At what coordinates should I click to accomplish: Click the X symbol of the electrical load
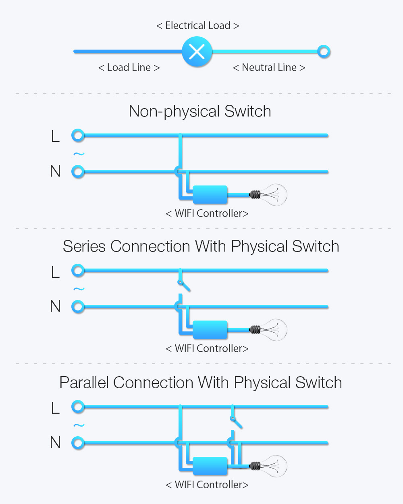point(197,52)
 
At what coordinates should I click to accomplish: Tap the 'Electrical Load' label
point(197,25)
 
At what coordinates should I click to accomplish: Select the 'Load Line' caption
point(129,67)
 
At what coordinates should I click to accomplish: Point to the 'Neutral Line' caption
point(269,67)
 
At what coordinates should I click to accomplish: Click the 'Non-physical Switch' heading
point(200,111)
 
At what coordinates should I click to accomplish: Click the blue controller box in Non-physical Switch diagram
point(210,195)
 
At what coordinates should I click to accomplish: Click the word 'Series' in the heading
point(84,246)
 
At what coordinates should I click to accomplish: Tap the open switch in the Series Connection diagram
point(184,286)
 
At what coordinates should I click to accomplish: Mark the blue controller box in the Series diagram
point(210,330)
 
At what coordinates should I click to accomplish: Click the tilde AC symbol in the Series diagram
point(79,289)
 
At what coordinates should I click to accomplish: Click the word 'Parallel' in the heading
point(84,383)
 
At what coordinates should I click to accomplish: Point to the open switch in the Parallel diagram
point(236,423)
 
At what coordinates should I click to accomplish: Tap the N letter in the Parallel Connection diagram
point(55,442)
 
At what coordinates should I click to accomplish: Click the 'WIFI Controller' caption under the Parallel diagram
point(207,485)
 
